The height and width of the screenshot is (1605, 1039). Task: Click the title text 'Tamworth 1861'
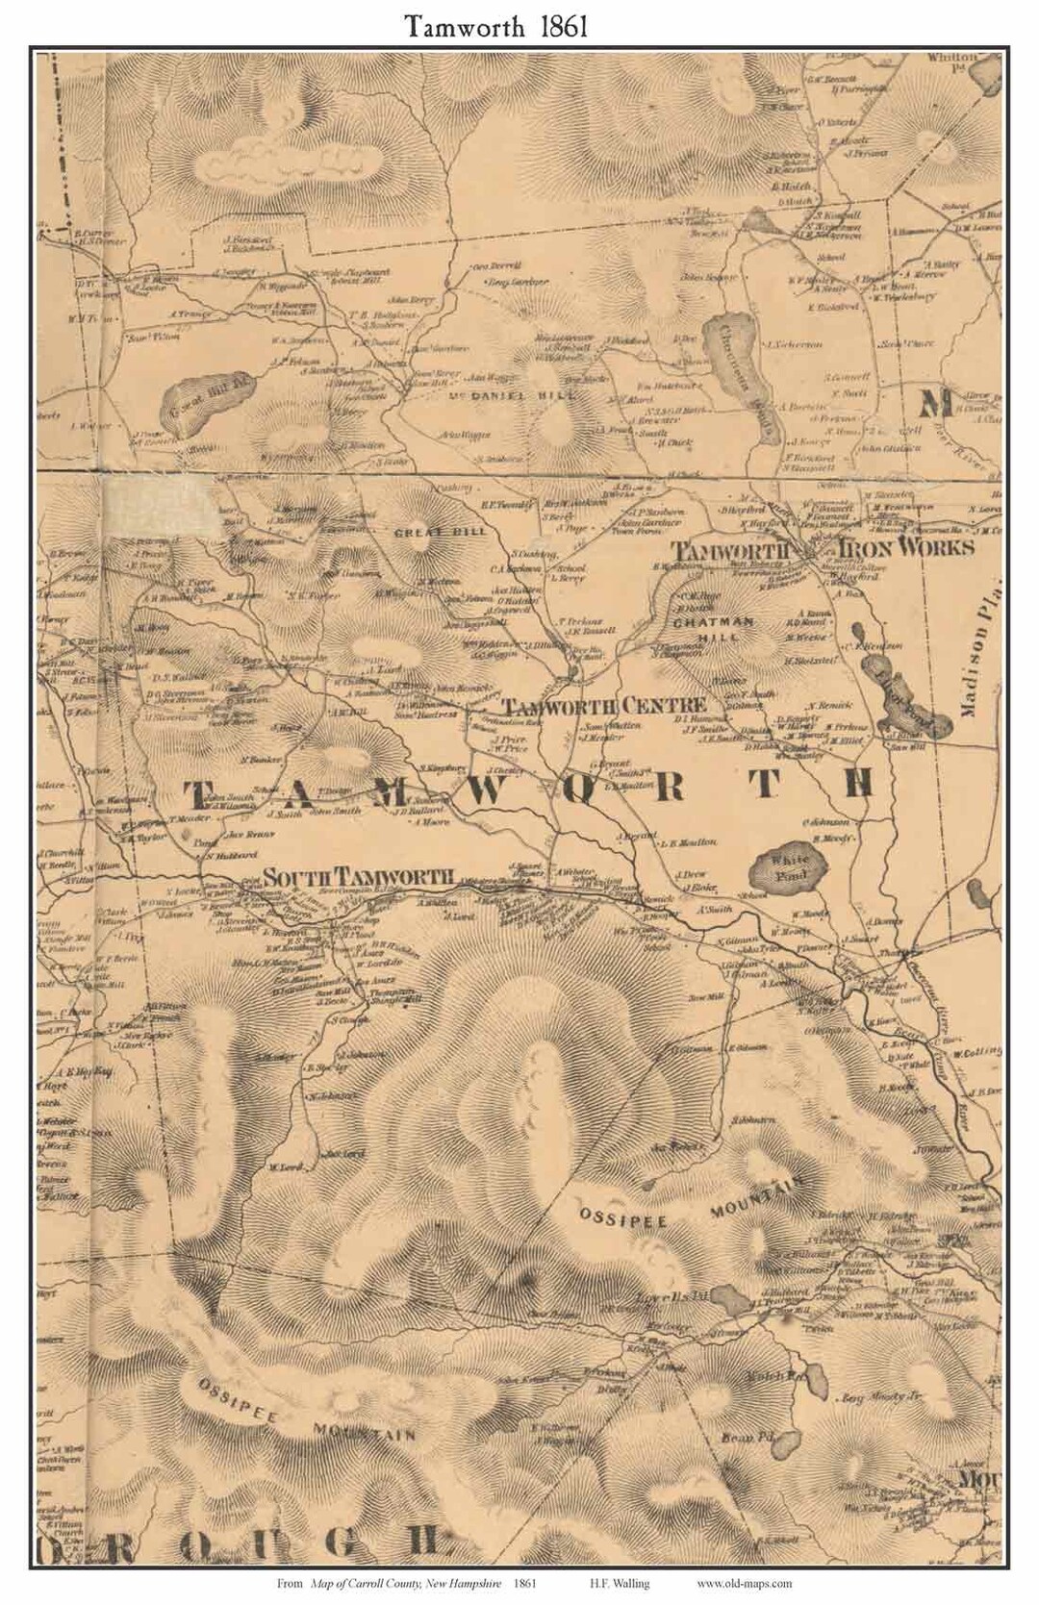495,26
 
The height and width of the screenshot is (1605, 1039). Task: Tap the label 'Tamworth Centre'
606,706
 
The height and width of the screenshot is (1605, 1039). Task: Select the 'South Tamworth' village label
359,877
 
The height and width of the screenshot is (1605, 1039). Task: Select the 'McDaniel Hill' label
512,395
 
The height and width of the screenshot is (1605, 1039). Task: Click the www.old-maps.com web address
745,1582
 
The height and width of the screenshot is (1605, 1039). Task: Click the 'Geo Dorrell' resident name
496,264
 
